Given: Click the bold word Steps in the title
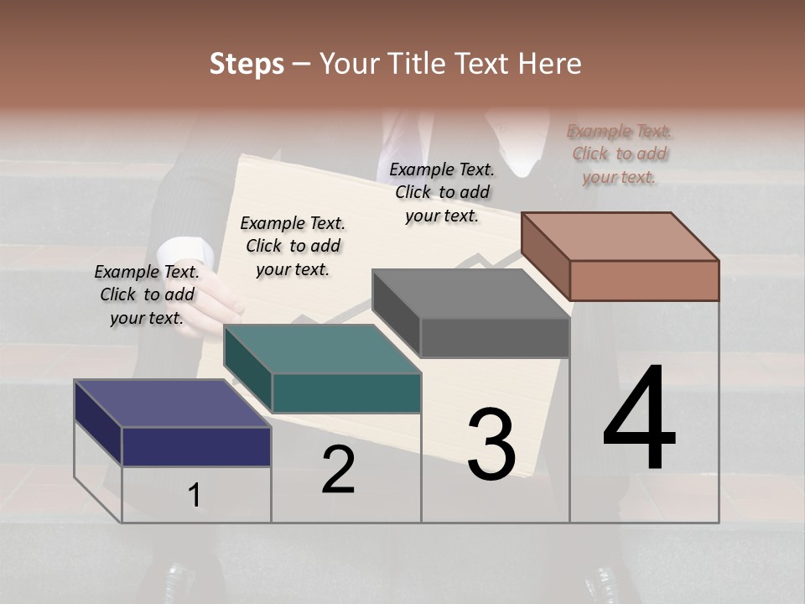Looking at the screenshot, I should (247, 64).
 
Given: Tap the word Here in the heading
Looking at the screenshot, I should (548, 64).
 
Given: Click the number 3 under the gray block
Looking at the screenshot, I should (491, 445).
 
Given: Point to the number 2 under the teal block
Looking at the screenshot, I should (339, 470).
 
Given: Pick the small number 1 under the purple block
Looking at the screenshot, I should (195, 496).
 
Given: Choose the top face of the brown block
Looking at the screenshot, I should (621, 236).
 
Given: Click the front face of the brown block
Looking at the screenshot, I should (644, 280).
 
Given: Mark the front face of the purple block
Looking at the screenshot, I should (196, 446).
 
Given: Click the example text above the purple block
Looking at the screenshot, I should (147, 294).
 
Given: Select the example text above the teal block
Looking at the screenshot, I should (293, 246).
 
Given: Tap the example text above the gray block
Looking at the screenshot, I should (442, 192).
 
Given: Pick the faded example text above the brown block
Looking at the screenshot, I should (619, 154).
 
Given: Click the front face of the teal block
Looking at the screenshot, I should (346, 393).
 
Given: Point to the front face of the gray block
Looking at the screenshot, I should (495, 338).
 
